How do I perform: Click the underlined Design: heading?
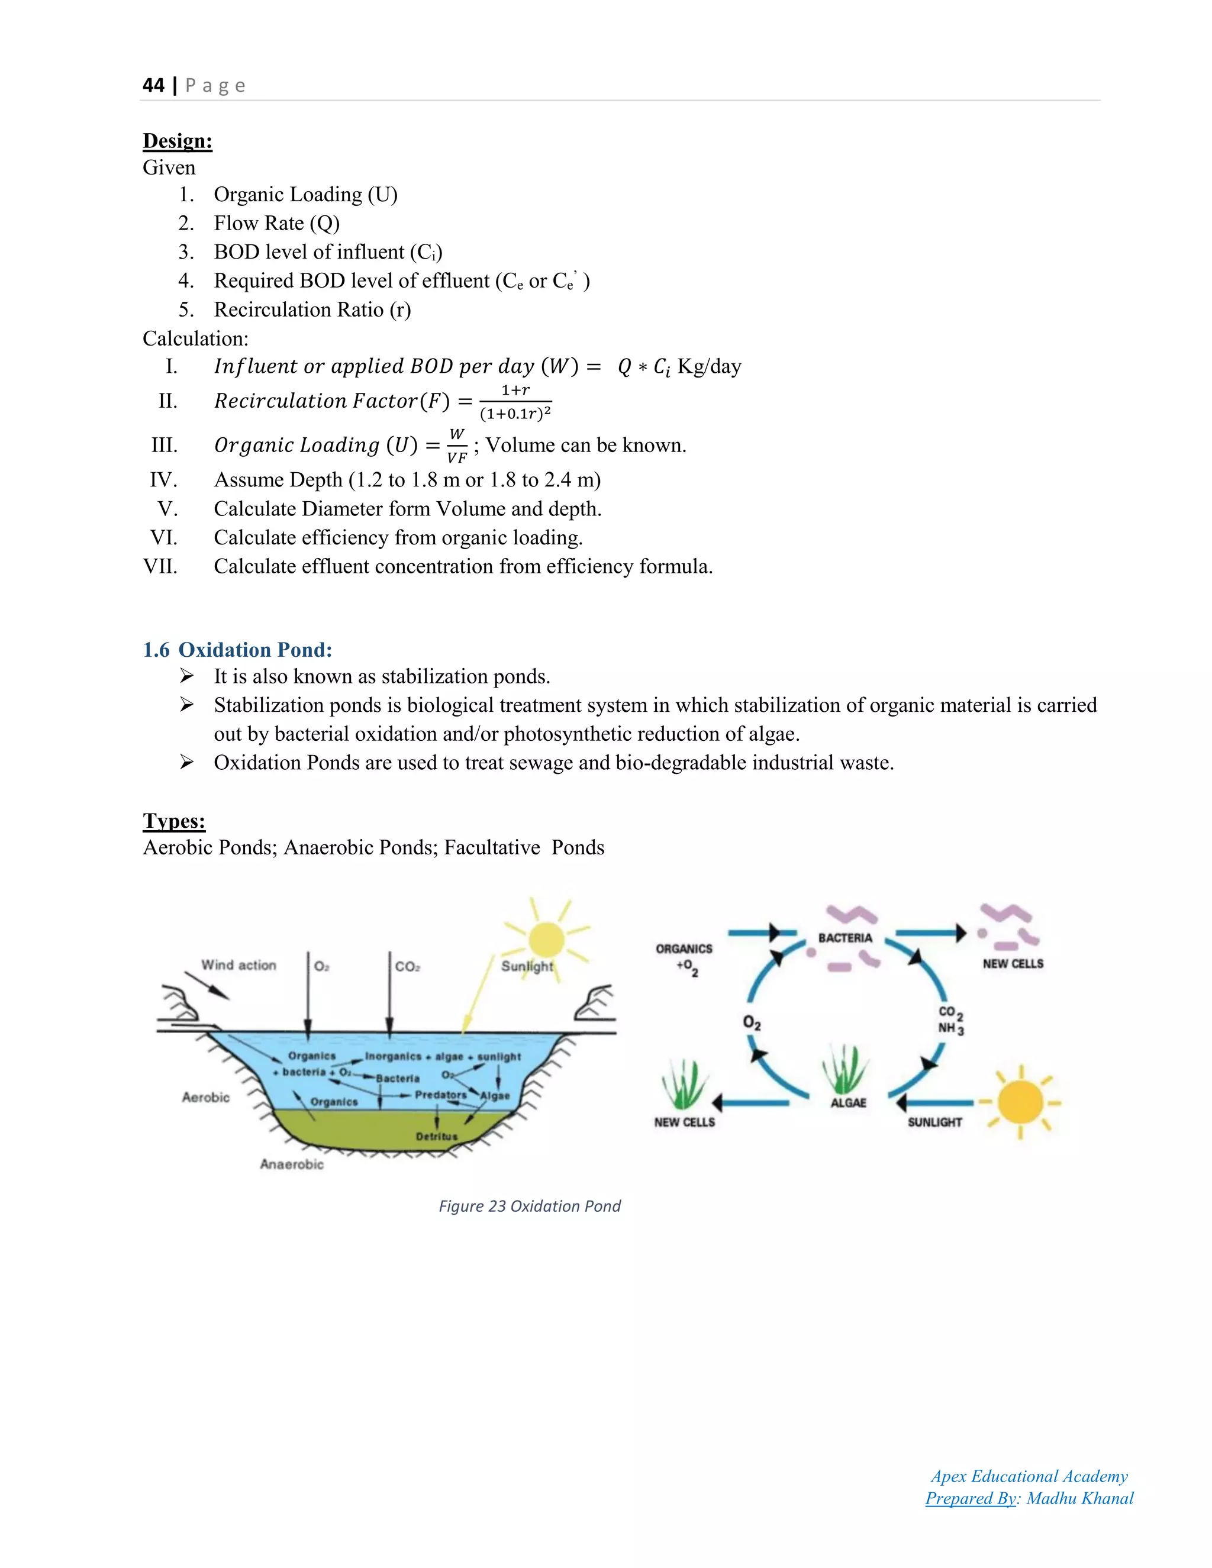(x=178, y=141)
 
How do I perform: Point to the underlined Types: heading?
(x=174, y=821)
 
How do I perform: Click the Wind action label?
(x=238, y=965)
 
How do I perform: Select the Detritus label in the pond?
(x=437, y=1137)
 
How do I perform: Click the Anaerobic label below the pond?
(x=292, y=1164)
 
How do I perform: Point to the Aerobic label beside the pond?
(x=205, y=1097)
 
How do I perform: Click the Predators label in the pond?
(x=440, y=1095)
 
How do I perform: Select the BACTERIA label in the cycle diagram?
(x=845, y=938)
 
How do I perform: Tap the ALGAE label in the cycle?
(x=848, y=1103)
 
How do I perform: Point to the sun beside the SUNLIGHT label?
(x=1020, y=1102)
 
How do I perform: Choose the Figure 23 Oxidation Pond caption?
(x=529, y=1206)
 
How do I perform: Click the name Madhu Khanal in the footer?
(x=1080, y=1498)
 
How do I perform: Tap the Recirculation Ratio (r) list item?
(x=312, y=309)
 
